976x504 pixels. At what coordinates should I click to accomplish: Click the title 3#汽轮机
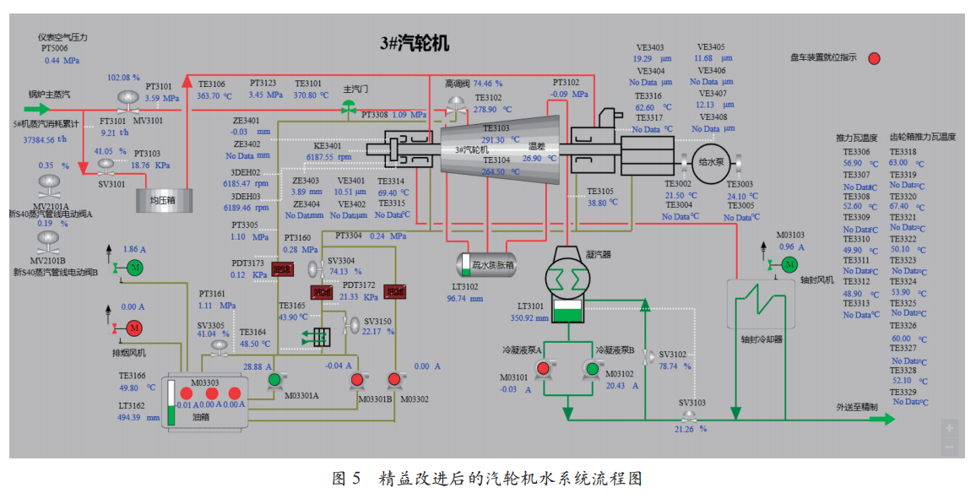tap(415, 44)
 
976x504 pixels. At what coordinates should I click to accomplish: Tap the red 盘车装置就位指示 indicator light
tap(875, 58)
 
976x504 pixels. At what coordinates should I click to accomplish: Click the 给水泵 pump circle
tap(708, 160)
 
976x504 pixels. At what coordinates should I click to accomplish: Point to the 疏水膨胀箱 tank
tap(487, 264)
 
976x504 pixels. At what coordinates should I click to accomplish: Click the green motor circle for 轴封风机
tap(789, 264)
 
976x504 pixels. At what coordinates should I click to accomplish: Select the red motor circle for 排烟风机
tap(134, 328)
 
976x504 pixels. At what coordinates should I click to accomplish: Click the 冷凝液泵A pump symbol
tap(543, 368)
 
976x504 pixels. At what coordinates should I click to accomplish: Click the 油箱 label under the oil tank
tap(201, 417)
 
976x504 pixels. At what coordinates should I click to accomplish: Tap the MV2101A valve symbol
tap(49, 183)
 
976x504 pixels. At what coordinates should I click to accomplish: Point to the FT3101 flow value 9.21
tap(110, 133)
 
